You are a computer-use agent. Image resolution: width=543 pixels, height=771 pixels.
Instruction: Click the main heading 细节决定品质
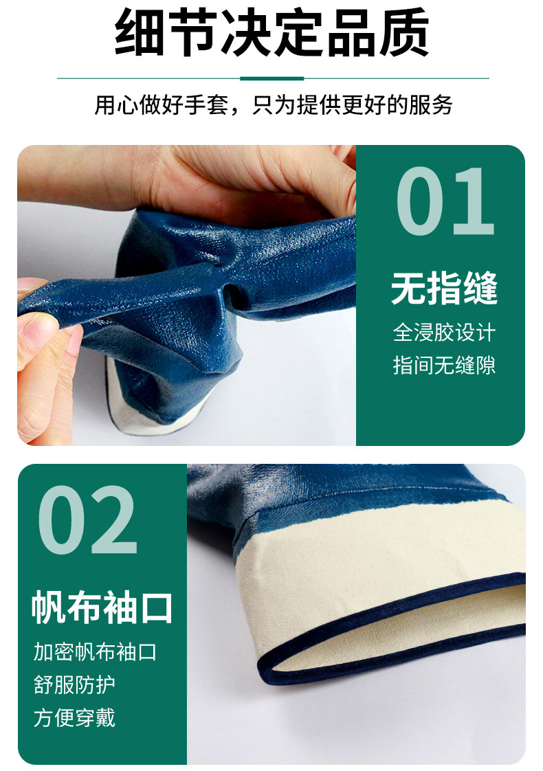(271, 32)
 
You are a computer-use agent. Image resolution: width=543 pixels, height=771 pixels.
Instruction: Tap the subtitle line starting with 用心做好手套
(273, 104)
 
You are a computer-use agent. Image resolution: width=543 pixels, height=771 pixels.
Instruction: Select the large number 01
(445, 201)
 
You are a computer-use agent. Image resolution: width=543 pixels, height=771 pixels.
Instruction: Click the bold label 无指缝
(444, 288)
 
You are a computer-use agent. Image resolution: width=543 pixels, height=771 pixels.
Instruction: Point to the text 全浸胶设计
(444, 333)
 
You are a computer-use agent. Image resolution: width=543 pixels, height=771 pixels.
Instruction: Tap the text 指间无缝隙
(444, 366)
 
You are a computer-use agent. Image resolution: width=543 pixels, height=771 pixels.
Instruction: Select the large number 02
(87, 519)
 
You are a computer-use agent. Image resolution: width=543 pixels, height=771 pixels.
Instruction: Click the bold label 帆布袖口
(102, 607)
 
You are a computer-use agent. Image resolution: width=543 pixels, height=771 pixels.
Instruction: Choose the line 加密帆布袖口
(95, 652)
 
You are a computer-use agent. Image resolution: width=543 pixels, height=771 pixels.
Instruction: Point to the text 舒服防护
(74, 684)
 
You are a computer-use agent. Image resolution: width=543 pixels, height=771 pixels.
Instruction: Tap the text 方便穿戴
(74, 717)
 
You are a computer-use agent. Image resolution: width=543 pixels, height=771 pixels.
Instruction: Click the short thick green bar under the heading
(272, 78)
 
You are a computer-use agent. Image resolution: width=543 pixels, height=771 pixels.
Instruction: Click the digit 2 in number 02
(114, 519)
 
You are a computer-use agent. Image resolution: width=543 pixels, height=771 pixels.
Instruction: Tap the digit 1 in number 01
(473, 201)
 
